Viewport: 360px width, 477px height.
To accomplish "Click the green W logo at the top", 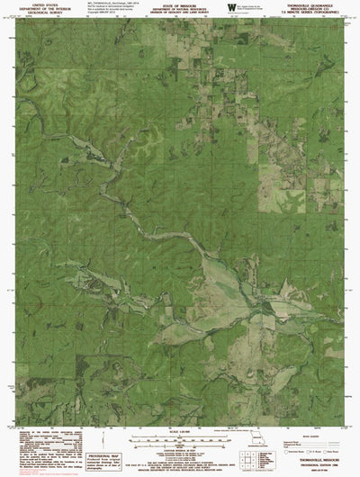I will [232, 8].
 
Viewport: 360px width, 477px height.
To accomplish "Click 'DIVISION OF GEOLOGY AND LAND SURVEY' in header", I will [179, 13].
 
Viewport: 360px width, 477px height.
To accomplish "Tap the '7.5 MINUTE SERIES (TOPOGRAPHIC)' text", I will [314, 13].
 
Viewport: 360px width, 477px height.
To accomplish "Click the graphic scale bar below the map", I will [179, 444].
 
